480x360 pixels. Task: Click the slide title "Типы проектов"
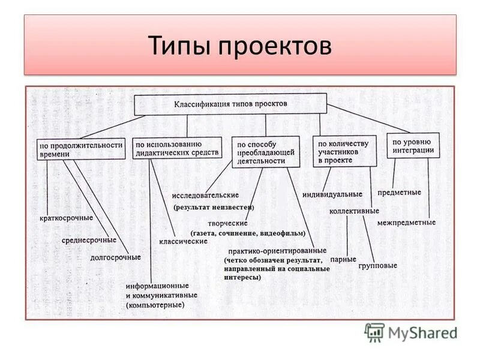point(239,46)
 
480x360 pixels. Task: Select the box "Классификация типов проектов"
point(230,104)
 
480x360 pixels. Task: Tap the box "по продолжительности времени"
point(81,149)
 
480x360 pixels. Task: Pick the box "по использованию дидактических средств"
point(170,148)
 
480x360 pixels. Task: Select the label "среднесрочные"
point(89,240)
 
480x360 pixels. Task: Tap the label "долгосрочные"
point(115,257)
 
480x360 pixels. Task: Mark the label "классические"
point(183,241)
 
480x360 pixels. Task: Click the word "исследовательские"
point(205,195)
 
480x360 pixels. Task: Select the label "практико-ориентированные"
point(277,250)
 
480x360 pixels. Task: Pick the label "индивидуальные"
point(332,194)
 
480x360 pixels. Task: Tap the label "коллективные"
point(354,211)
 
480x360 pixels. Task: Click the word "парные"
point(343,260)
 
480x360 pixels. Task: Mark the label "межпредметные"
point(406,223)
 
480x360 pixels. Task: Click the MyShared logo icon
point(374,332)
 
